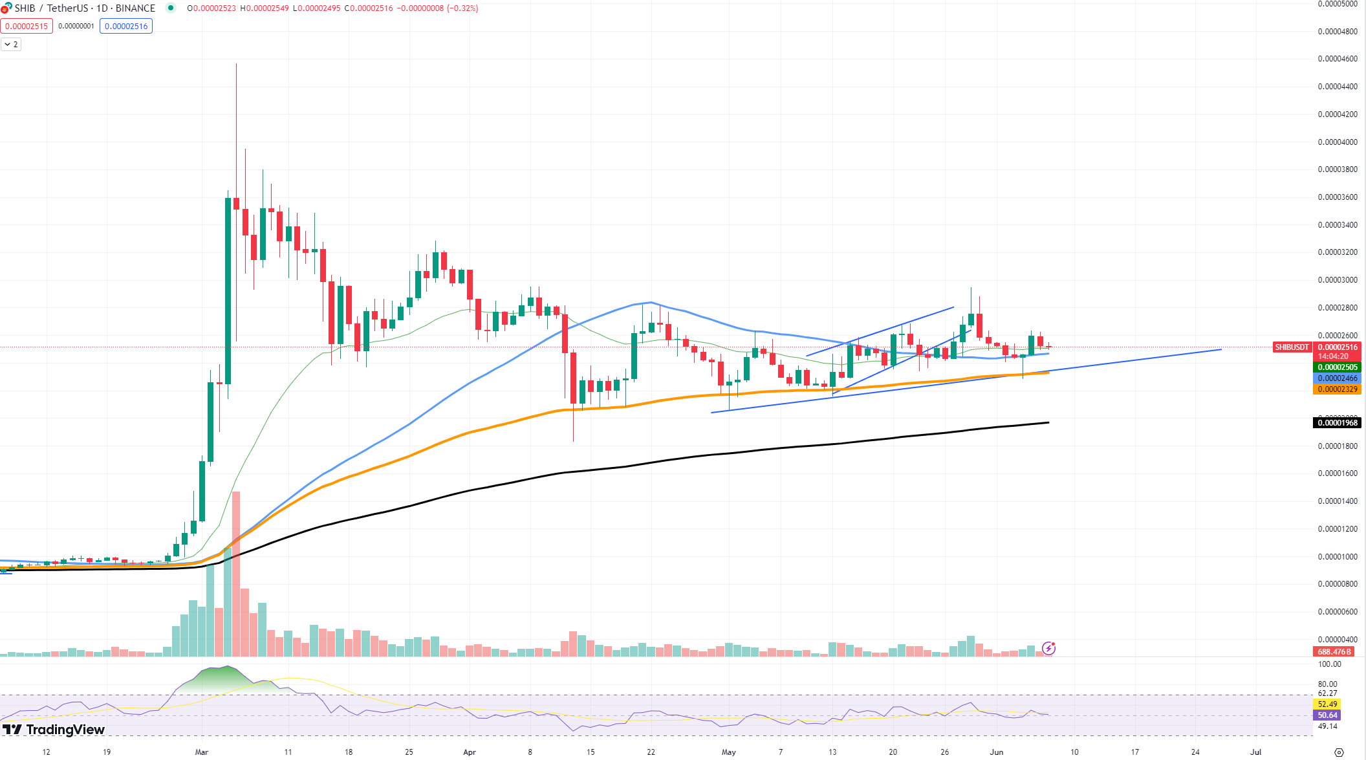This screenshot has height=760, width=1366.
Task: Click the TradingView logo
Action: pos(54,730)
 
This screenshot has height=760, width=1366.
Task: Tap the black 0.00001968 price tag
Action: pos(1338,423)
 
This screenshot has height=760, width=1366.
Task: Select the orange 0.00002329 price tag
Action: pos(1338,389)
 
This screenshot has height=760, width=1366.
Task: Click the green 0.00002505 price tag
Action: pos(1338,367)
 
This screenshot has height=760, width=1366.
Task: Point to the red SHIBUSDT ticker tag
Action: pos(1292,347)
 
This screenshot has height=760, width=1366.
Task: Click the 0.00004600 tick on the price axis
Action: pos(1338,59)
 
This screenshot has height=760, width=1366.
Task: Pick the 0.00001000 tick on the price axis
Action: pos(1338,557)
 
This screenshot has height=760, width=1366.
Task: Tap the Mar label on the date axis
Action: pos(202,752)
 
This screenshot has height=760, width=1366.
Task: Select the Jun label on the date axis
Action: pos(997,752)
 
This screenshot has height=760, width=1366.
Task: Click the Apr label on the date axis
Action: pos(470,752)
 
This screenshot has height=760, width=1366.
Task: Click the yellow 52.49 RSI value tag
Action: pos(1327,704)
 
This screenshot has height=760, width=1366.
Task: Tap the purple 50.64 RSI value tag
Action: pos(1327,715)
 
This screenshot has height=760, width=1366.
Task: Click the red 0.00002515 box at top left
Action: pos(27,27)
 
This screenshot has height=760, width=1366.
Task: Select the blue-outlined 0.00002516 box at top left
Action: pos(126,27)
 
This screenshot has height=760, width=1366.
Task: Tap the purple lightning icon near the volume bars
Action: pos(1048,648)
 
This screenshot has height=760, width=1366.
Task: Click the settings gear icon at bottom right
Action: pos(1339,752)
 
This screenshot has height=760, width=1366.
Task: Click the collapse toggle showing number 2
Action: pos(11,45)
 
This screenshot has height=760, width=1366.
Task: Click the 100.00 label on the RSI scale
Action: pos(1329,664)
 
